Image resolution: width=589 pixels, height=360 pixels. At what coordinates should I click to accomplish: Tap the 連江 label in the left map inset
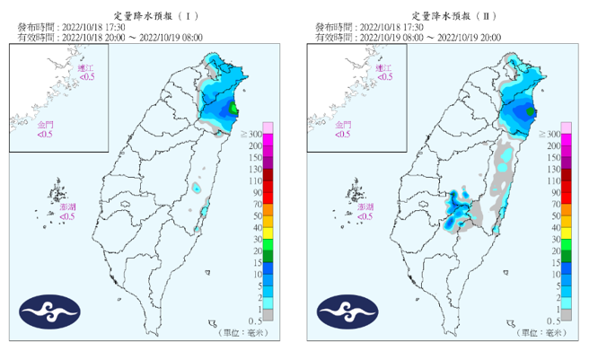85,68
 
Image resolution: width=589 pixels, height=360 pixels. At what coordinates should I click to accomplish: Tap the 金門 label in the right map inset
342,125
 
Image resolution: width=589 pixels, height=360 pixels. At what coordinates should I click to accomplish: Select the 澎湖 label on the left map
67,207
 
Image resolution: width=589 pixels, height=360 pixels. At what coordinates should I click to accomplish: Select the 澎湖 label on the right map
365,207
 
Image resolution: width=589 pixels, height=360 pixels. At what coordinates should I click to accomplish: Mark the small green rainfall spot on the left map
234,110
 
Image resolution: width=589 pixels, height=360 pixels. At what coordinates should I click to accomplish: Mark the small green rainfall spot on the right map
531,111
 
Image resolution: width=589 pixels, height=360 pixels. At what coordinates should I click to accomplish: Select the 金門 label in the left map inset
45,125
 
